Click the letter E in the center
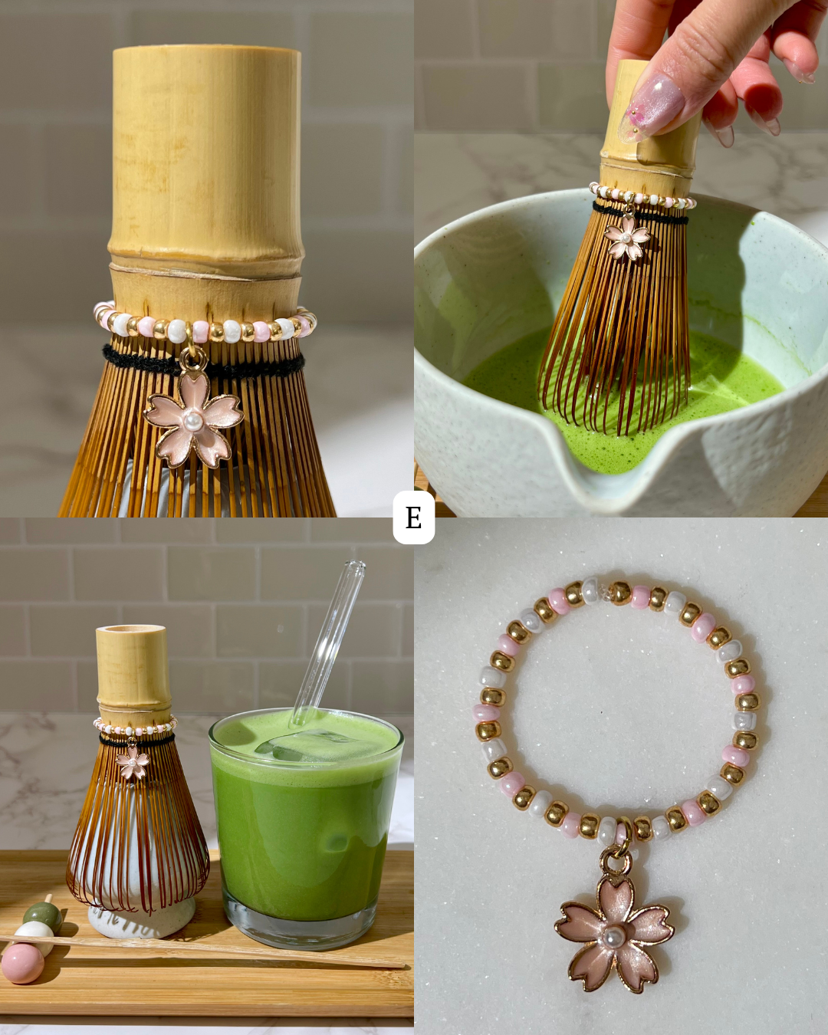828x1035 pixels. coord(414,517)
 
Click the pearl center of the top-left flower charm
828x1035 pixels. coord(193,420)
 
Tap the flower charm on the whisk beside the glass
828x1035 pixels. coord(133,762)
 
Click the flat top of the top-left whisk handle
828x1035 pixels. coord(207,52)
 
